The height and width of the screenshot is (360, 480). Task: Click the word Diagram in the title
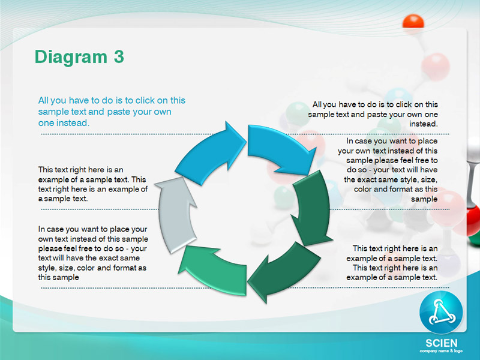tap(71, 57)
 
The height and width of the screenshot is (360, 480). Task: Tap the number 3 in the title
tap(119, 56)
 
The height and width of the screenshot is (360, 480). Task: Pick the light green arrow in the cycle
tap(214, 269)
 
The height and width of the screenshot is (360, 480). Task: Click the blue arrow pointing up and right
tap(211, 153)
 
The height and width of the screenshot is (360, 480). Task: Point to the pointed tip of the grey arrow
tap(181, 177)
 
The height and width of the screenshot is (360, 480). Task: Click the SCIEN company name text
tap(441, 343)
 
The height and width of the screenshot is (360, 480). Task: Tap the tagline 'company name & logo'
tap(441, 351)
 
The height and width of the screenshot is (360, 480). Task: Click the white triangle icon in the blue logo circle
tap(441, 313)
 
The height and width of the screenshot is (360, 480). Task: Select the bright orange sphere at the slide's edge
tap(413, 22)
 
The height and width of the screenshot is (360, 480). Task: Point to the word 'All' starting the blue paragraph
tap(43, 100)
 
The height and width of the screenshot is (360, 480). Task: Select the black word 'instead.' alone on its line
tap(424, 124)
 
